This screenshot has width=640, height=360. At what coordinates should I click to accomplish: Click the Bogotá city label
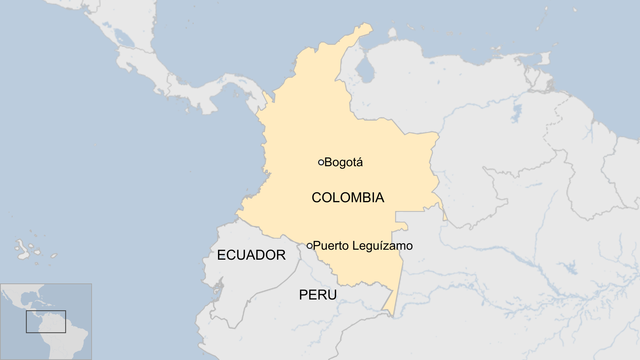click(x=343, y=162)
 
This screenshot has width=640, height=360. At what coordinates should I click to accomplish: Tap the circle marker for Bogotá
click(x=321, y=162)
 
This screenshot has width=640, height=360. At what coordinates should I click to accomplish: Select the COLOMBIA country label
click(x=348, y=198)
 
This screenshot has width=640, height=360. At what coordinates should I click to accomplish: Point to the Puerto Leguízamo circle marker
click(x=310, y=246)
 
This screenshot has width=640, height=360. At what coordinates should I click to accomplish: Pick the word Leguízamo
click(x=382, y=246)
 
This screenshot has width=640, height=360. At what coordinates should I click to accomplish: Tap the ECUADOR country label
click(x=251, y=255)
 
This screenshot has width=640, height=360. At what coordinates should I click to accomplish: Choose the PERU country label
click(x=318, y=295)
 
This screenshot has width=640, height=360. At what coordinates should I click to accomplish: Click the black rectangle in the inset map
click(x=46, y=322)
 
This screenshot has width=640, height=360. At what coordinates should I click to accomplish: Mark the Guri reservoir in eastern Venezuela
click(x=517, y=111)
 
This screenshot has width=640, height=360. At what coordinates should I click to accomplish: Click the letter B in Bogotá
click(x=328, y=162)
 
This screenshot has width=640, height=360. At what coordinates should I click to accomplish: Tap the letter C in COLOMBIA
click(x=317, y=198)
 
